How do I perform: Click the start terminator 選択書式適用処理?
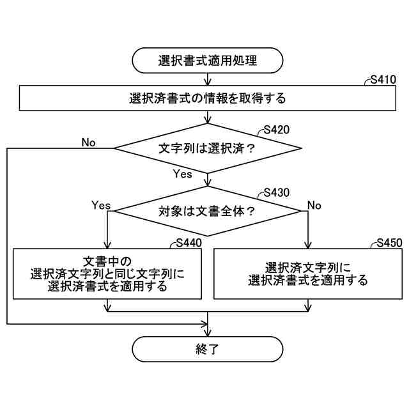[207, 61]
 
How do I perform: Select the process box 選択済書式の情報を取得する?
[207, 99]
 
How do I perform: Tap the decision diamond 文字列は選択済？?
[207, 148]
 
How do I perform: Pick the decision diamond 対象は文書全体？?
[207, 210]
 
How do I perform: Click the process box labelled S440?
[107, 274]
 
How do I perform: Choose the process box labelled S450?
[308, 274]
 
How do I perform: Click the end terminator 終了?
[207, 349]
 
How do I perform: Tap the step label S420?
[276, 130]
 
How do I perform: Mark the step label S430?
[276, 192]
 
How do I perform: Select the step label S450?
[389, 243]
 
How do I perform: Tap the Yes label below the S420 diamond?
[183, 174]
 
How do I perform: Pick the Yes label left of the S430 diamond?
[101, 205]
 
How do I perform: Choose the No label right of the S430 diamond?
[314, 205]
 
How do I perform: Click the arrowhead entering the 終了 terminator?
[207, 333]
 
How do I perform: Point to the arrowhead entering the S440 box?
[107, 245]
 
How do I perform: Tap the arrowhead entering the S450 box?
[308, 245]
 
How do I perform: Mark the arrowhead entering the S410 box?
[207, 84]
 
